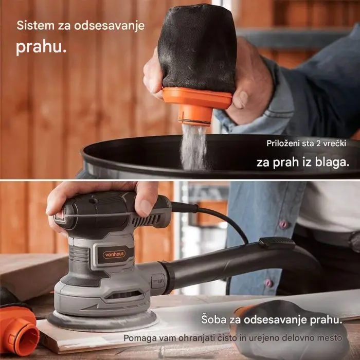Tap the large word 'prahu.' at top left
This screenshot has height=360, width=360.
point(41,48)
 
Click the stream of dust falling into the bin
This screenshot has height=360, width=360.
point(194,147)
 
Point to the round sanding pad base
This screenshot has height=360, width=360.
point(103,321)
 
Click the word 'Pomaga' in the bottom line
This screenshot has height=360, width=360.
point(139,338)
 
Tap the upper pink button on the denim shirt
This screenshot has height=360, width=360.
point(282,225)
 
